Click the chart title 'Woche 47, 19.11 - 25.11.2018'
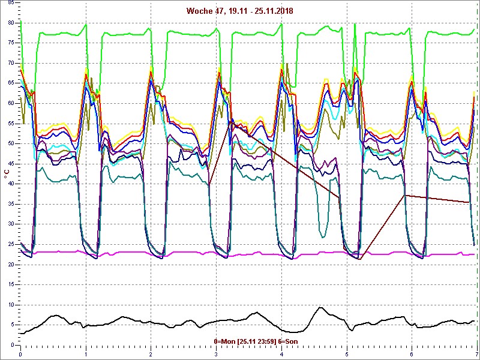(x=239, y=11)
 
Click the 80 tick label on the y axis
(x=11, y=23)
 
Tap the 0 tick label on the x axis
(x=20, y=353)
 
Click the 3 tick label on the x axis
(x=216, y=353)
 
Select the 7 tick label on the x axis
(x=476, y=353)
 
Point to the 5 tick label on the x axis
(x=346, y=353)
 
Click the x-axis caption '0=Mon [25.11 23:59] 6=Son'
(x=256, y=341)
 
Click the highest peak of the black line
(x=320, y=308)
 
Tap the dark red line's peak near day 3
(x=230, y=123)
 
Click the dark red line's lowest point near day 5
(x=361, y=259)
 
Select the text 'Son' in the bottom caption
(x=291, y=341)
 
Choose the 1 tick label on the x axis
(x=86, y=353)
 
